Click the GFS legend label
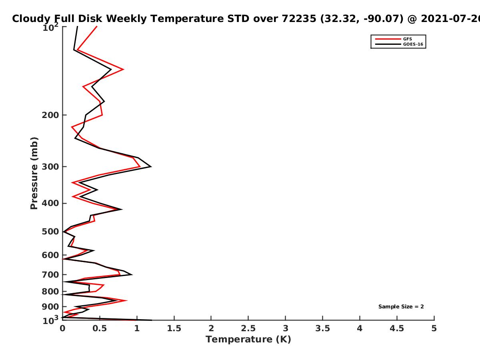pos(407,39)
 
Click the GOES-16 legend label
pos(413,44)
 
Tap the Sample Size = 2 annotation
pos(401,307)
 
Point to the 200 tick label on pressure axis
pos(50,115)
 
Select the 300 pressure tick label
pos(50,167)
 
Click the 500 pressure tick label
pos(50,232)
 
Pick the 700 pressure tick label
pos(50,275)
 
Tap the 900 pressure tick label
pos(50,307)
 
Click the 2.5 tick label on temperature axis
pos(248,328)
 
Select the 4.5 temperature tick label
pos(397,328)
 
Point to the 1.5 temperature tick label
pos(174,328)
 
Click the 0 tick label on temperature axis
pos(62,328)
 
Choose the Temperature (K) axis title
pos(248,340)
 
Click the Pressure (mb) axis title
pos(34,173)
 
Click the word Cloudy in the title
pos(31,19)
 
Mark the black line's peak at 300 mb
pos(151,167)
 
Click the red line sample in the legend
pos(388,39)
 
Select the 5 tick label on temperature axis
pos(434,328)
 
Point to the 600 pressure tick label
pos(50,255)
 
